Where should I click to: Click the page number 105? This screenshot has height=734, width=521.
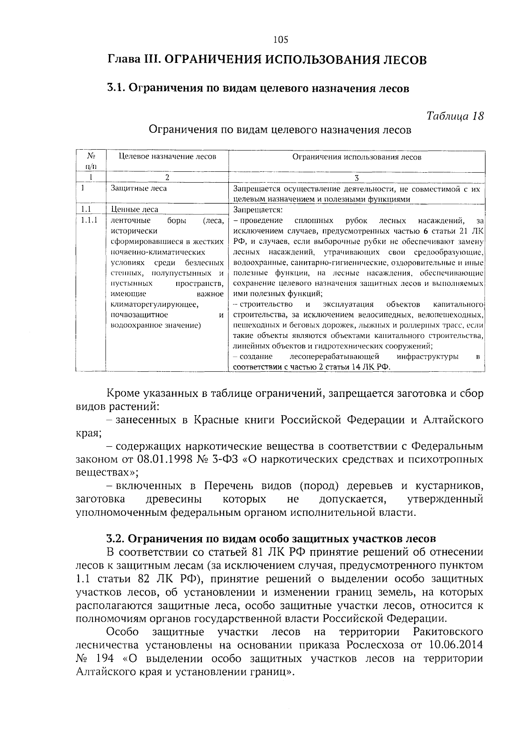click(x=281, y=40)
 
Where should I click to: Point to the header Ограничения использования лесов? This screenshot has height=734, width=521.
click(x=356, y=157)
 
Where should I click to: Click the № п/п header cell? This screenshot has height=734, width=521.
click(x=91, y=161)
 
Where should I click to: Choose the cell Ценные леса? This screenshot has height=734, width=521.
click(x=135, y=210)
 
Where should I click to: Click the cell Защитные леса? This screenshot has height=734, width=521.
click(x=138, y=188)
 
